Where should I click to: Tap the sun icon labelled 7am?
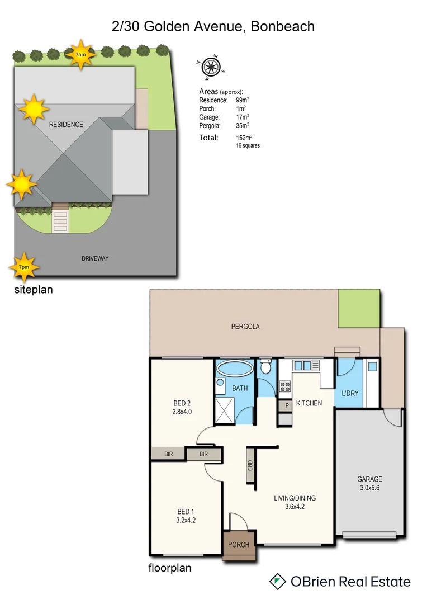coord(81,54)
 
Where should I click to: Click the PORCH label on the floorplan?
coord(239,545)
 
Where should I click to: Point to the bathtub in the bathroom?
coord(235,369)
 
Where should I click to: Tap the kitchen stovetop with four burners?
coord(284,385)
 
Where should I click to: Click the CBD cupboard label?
coord(250,465)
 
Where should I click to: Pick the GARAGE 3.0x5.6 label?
coord(370,483)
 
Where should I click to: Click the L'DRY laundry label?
coord(349,393)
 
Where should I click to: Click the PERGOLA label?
coord(246,326)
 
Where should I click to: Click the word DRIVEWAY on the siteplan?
coord(94,258)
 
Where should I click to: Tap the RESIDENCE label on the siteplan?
coord(66,125)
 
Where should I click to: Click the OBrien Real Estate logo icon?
coord(278,582)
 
